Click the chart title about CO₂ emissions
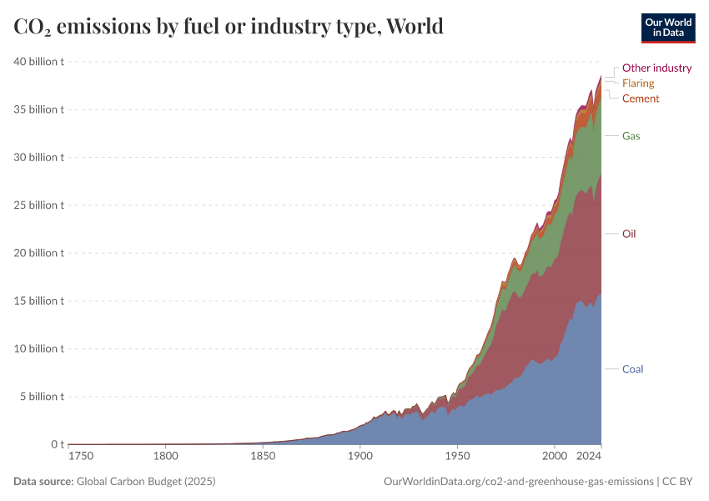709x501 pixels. click(229, 27)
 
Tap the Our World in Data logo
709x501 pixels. click(667, 28)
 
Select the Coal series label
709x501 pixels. click(632, 369)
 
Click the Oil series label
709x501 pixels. click(629, 234)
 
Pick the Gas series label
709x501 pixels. click(631, 135)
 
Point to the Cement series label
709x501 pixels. click(641, 99)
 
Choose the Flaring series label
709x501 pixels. click(638, 83)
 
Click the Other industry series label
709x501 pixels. click(656, 68)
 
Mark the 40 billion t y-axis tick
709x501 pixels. click(39, 62)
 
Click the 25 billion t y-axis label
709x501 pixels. click(39, 205)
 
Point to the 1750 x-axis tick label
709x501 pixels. click(80, 457)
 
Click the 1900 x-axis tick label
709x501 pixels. click(360, 457)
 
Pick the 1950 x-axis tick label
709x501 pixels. click(457, 457)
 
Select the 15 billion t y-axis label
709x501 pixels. click(39, 301)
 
